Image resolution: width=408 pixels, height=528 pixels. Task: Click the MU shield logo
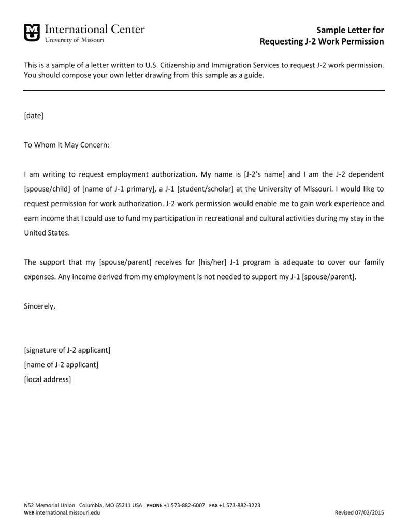point(32,33)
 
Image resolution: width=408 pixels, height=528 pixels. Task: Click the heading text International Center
point(95,29)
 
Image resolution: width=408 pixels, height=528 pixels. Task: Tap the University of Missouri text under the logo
point(75,40)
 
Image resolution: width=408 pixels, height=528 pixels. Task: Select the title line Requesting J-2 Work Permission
point(322,41)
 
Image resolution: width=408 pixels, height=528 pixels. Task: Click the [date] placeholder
point(34,115)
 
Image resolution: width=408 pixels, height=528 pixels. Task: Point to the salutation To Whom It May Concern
point(67,145)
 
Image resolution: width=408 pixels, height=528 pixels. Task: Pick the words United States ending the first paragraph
point(46,233)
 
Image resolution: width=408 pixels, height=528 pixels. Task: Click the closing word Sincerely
point(39,306)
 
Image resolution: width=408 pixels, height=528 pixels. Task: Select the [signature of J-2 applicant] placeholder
point(67,350)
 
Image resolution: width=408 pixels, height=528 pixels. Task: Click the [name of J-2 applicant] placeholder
point(61,364)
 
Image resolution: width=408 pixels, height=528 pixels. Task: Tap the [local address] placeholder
point(48,379)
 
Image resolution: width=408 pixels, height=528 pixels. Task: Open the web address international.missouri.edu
point(68,512)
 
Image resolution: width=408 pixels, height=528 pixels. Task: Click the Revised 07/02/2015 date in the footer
point(359,512)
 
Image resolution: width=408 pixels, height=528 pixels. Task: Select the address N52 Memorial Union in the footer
point(49,505)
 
